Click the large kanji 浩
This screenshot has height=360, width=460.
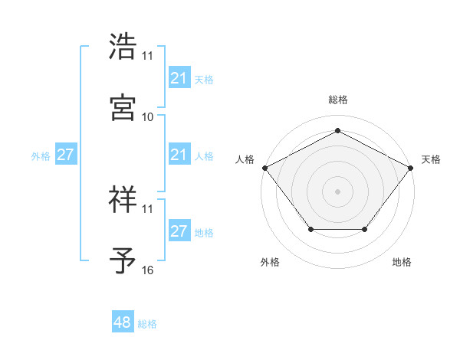coord(123,47)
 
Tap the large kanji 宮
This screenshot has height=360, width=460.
coord(123,108)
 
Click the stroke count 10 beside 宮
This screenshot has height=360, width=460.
coord(148,117)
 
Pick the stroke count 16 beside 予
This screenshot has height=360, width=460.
coord(148,270)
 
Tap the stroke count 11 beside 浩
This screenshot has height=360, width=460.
coord(148,56)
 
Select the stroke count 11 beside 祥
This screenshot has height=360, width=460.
coord(148,208)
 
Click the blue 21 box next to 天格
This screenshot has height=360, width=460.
coord(179,78)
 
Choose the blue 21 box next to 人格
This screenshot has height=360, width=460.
coord(179,155)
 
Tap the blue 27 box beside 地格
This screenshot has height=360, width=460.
coord(179,232)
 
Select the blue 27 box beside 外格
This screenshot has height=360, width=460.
coord(65,155)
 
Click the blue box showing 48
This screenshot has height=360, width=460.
coord(123,323)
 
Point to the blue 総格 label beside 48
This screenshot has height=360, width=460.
coord(147,324)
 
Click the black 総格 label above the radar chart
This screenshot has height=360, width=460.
coord(337,100)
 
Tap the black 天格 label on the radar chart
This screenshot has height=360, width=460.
coord(432,159)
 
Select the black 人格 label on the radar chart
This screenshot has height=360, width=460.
coord(245,159)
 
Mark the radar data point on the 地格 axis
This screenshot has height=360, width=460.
coord(365,230)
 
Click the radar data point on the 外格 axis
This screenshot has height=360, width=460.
coord(310,230)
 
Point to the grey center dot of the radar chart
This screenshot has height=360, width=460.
coord(337,191)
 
